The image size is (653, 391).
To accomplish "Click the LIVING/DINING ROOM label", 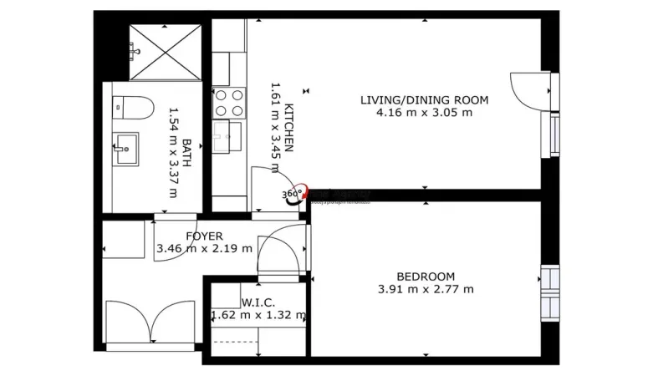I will [x=424, y=99].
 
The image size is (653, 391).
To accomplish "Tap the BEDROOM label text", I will [x=426, y=277].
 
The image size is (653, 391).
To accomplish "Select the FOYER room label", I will [x=204, y=236].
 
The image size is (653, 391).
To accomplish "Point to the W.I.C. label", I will [x=258, y=302].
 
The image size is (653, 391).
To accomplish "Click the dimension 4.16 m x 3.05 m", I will [x=424, y=112].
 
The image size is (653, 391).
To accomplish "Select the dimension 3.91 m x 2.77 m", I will [x=426, y=289].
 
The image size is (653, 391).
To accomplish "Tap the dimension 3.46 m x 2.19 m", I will [x=204, y=248].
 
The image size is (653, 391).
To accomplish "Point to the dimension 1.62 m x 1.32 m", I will [x=258, y=315].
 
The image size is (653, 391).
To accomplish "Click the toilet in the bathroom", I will [x=133, y=106].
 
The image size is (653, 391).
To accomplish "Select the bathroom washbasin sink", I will [x=125, y=149].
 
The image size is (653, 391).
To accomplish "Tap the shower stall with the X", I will [x=166, y=52].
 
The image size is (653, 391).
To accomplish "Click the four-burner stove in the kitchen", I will [x=228, y=103].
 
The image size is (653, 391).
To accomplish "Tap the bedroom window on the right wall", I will [x=548, y=289].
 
